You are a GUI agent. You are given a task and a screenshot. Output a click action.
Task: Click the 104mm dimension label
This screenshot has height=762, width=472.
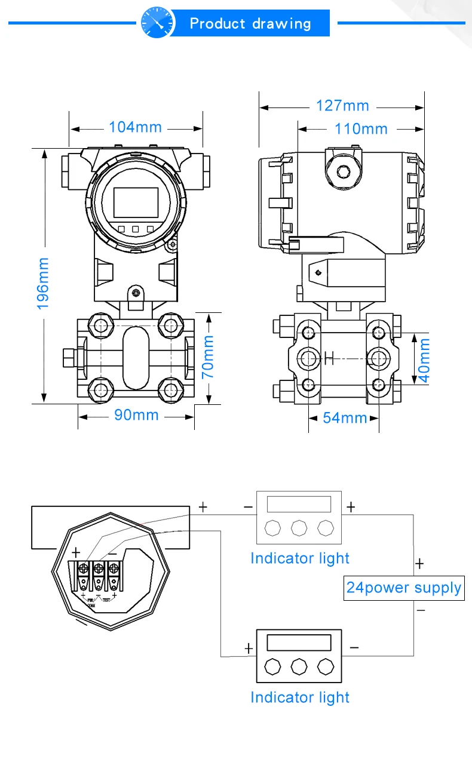coord(135,127)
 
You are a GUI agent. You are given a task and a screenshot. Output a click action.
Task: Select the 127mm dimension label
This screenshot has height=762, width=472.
coord(342,106)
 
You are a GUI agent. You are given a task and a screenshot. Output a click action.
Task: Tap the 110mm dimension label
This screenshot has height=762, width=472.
coord(361,128)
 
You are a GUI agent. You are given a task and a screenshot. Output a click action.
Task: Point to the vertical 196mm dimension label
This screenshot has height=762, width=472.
coord(44,283)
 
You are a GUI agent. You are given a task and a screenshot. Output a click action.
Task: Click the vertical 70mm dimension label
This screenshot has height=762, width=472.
coord(208,357)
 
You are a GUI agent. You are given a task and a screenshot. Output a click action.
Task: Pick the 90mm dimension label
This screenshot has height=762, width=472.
coord(136,415)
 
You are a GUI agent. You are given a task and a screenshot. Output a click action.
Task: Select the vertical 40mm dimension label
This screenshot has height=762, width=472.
coord(424,361)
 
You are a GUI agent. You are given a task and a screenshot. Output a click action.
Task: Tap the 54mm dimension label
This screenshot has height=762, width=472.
coord(345,417)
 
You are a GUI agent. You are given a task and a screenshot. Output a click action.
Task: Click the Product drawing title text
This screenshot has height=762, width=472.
coord(250,24)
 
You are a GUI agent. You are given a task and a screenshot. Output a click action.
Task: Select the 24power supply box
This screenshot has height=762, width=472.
coord(404,588)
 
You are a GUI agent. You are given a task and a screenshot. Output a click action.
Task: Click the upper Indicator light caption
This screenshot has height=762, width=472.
coord(299,558)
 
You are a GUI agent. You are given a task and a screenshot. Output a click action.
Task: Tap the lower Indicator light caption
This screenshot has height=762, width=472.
coord(299,697)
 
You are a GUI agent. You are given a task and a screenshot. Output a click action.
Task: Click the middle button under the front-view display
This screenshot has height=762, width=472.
coord(136,229)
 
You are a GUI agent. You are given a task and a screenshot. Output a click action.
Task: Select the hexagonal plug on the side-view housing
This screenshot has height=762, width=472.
coord(344,172)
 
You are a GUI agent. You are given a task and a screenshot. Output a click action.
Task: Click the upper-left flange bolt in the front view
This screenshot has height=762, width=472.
coord(99,325)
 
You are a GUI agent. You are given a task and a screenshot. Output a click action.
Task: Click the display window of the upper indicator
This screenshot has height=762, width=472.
coord(299,504)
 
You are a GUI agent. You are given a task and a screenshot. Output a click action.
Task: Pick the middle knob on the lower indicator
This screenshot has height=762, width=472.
coord(299,666)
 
